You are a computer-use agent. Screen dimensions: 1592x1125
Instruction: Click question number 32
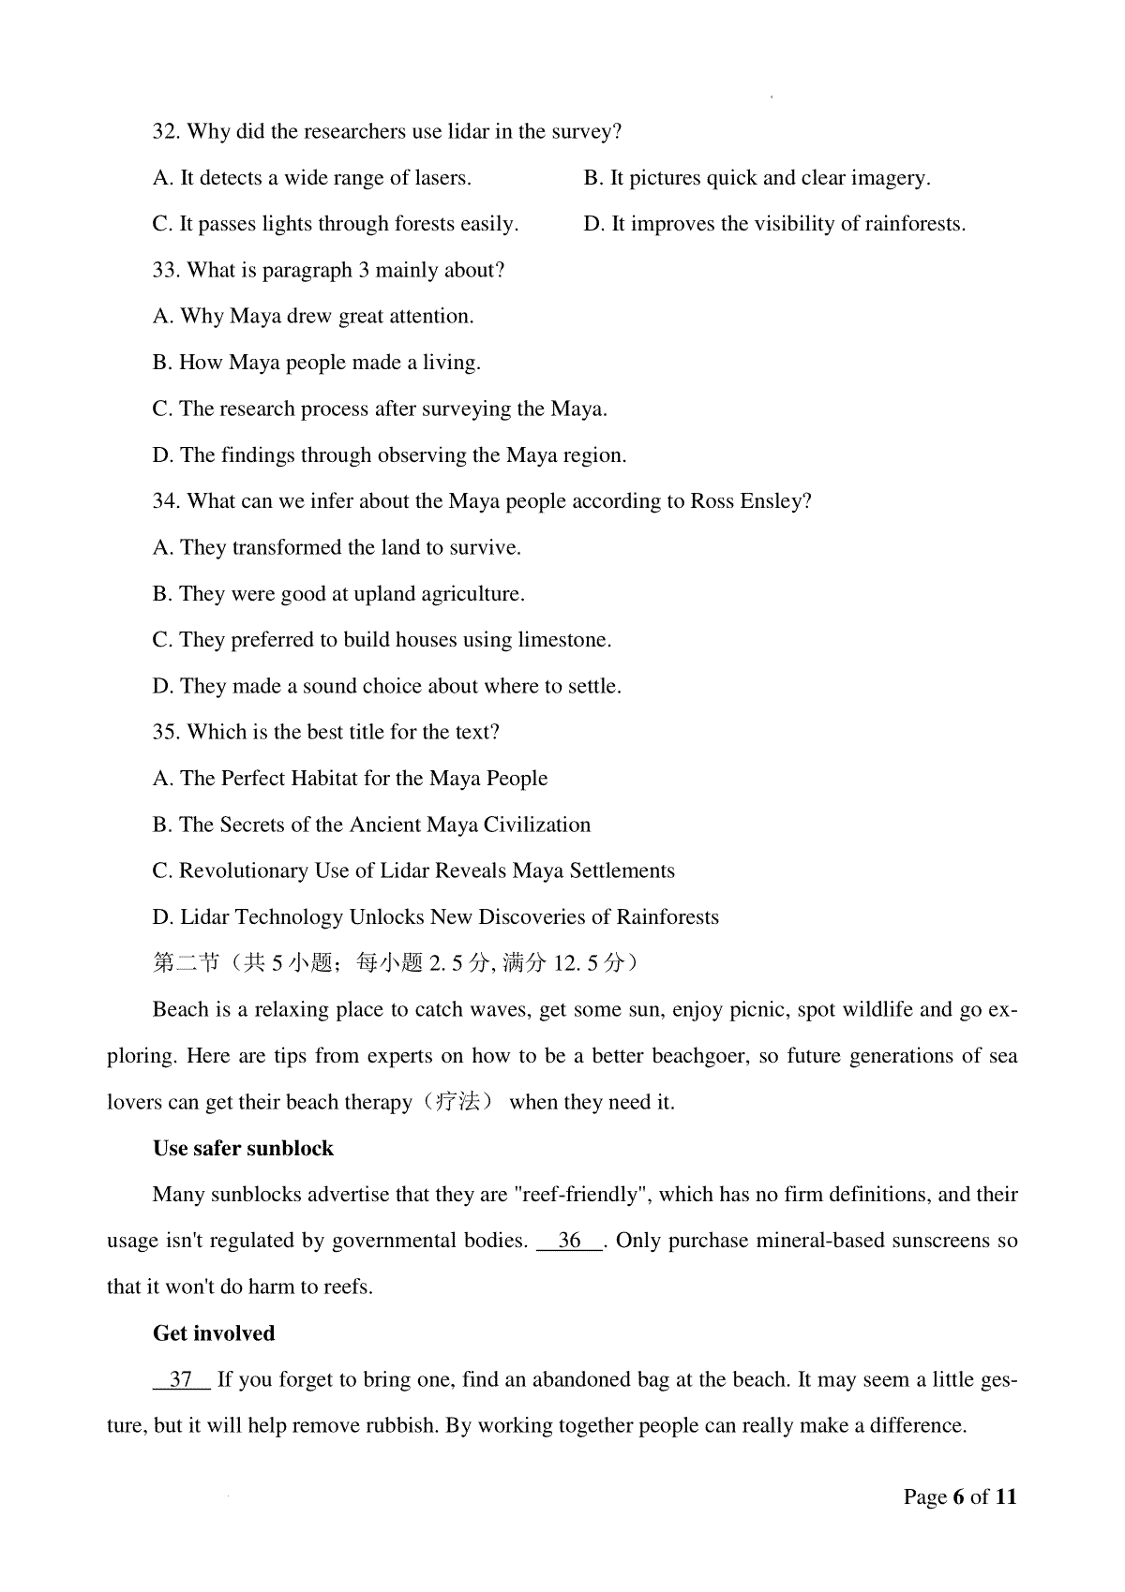click(166, 132)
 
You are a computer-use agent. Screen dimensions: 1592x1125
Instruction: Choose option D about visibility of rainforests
click(773, 224)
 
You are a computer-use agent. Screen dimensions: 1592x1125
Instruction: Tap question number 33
click(166, 271)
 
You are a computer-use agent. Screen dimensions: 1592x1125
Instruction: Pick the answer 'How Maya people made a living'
click(316, 363)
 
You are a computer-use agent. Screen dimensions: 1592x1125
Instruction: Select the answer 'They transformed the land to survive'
click(337, 547)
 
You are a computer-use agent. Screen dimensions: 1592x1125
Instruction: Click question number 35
click(166, 732)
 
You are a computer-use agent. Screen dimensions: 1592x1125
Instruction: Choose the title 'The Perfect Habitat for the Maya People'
click(350, 779)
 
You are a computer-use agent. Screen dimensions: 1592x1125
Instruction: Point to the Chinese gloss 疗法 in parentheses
click(460, 1102)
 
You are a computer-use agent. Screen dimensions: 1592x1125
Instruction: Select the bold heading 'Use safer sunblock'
click(243, 1149)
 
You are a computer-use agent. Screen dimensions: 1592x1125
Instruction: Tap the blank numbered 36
click(569, 1241)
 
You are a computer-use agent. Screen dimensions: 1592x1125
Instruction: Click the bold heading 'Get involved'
click(214, 1333)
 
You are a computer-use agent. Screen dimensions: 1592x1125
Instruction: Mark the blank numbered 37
click(181, 1379)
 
